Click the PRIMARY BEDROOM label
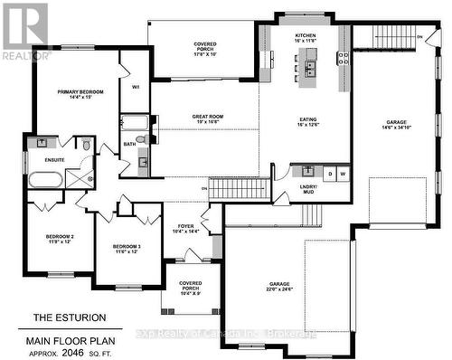coord(80,92)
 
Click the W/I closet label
coord(135,87)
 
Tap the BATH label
coord(129,143)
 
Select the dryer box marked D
coord(330,173)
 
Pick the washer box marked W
coord(343,173)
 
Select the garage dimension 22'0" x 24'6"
coord(265,290)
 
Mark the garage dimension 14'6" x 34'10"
coord(396,128)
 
